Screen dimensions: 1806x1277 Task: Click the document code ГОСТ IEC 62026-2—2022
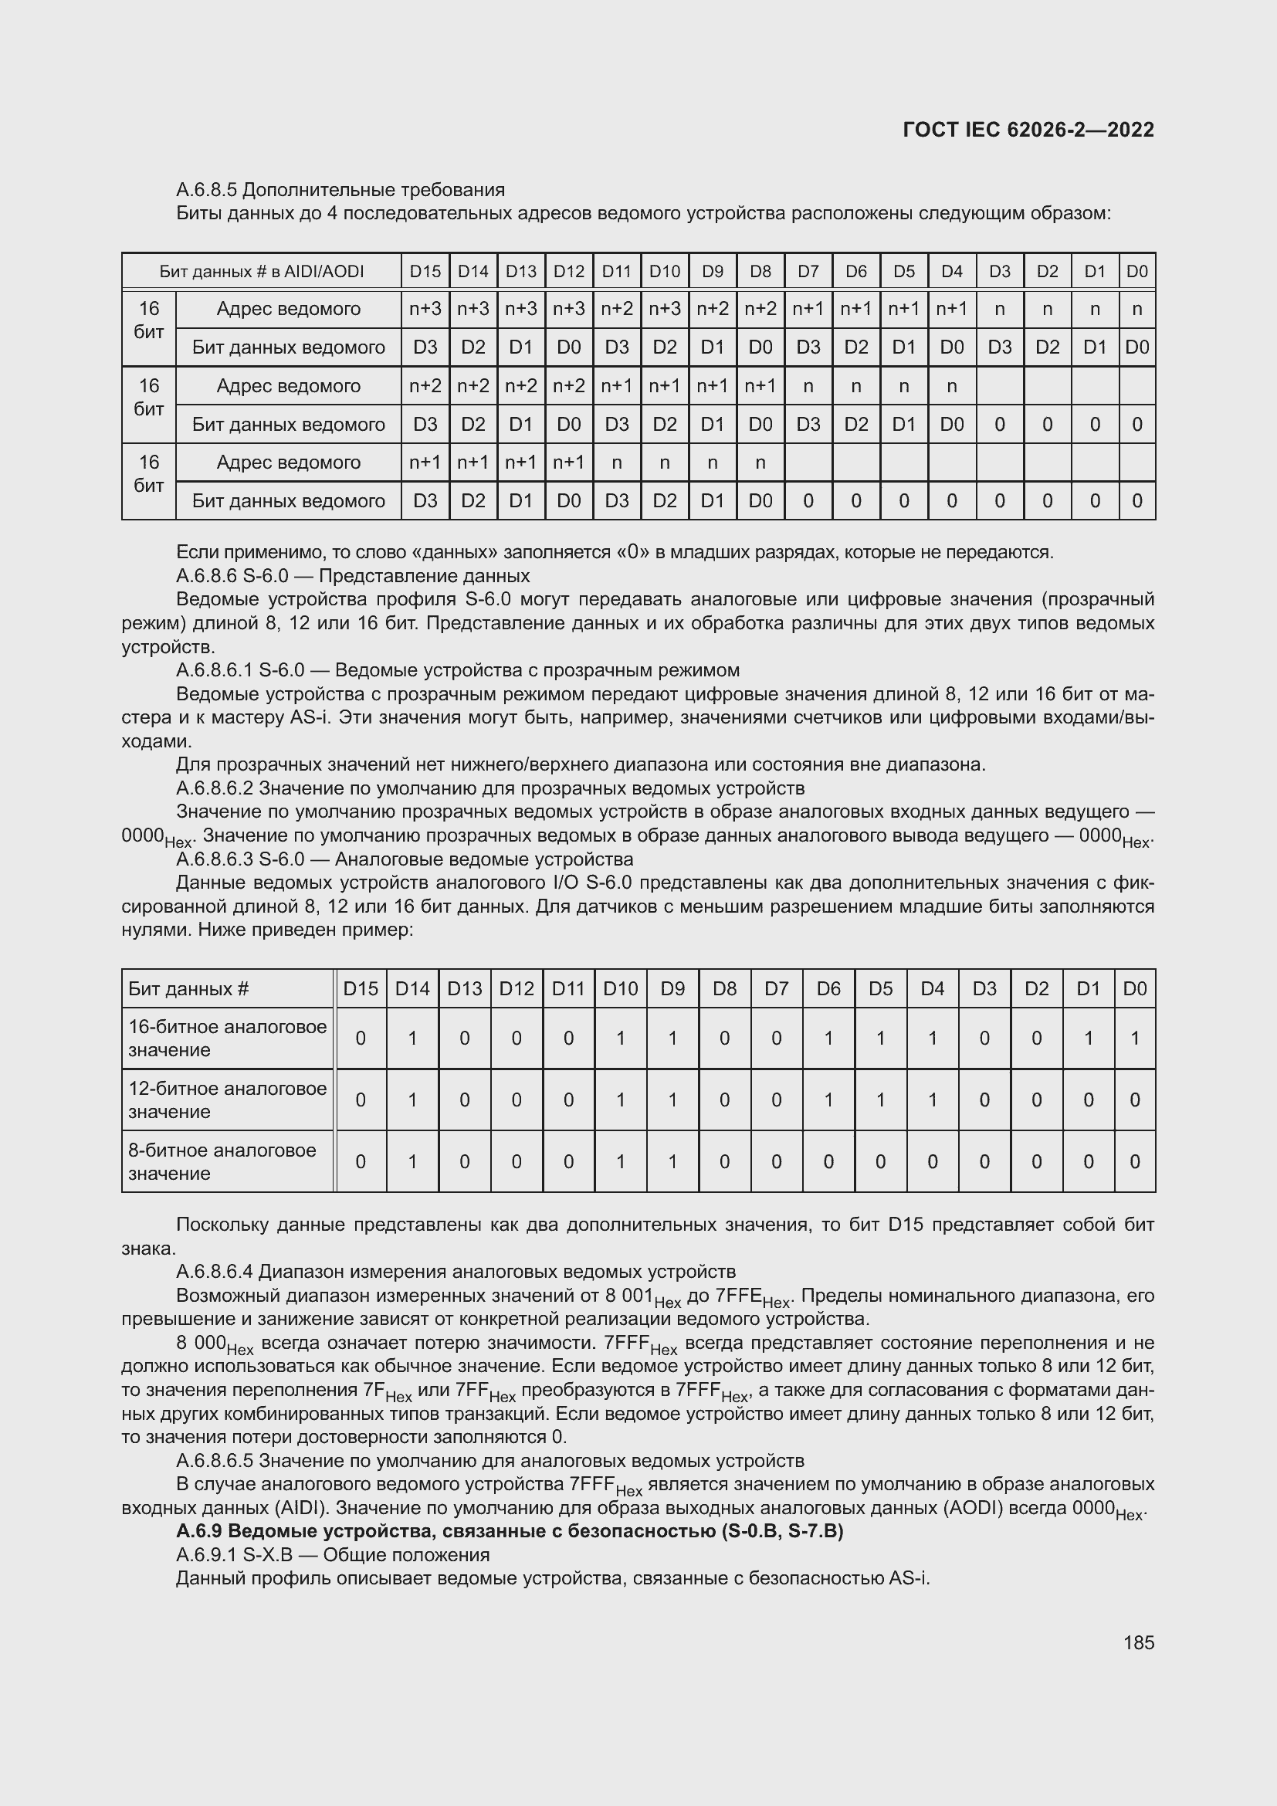1028,130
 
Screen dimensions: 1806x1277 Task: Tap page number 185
1139,1642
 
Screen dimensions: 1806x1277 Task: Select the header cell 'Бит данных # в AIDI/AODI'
261,271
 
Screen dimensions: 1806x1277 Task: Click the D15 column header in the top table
425,271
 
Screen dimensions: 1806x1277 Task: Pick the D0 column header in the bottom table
1135,989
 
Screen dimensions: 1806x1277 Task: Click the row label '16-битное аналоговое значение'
227,1039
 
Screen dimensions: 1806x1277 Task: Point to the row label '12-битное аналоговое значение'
227,1100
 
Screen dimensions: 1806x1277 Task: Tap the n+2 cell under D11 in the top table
616,309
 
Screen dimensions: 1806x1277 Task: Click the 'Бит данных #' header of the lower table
188,989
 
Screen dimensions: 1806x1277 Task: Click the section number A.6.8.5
207,190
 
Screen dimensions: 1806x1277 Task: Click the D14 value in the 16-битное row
412,1039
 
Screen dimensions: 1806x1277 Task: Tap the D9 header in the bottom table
672,989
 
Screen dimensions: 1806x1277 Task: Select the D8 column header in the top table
760,271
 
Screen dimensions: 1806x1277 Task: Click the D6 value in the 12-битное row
828,1100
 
